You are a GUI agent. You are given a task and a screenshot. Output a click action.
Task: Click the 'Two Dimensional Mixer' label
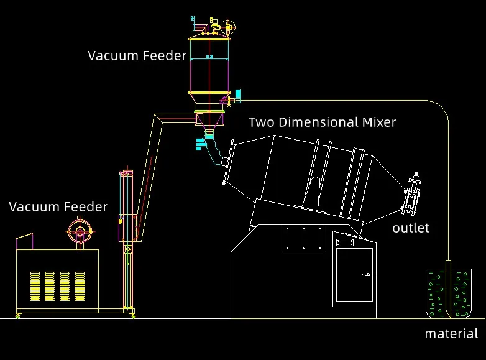322,122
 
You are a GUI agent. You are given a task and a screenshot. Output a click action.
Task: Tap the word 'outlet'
410,228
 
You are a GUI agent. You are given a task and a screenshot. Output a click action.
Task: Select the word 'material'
451,334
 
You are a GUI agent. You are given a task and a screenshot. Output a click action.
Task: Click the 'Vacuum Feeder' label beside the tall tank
137,55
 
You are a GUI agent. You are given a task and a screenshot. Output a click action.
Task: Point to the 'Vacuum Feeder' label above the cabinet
58,206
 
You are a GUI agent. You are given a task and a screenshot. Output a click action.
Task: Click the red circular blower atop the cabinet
80,231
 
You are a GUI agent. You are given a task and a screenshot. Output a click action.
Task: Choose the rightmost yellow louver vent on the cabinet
80,285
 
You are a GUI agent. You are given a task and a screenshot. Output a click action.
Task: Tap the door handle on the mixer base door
366,274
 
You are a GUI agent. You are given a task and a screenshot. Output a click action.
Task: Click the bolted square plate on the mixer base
303,238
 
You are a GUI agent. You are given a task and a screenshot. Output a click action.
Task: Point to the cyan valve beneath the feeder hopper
201,143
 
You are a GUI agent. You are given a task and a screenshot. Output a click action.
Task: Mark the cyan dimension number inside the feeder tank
209,57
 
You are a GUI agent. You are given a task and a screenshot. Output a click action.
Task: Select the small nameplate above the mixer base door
344,241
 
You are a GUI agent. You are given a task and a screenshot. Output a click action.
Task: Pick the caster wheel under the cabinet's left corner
18,316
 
